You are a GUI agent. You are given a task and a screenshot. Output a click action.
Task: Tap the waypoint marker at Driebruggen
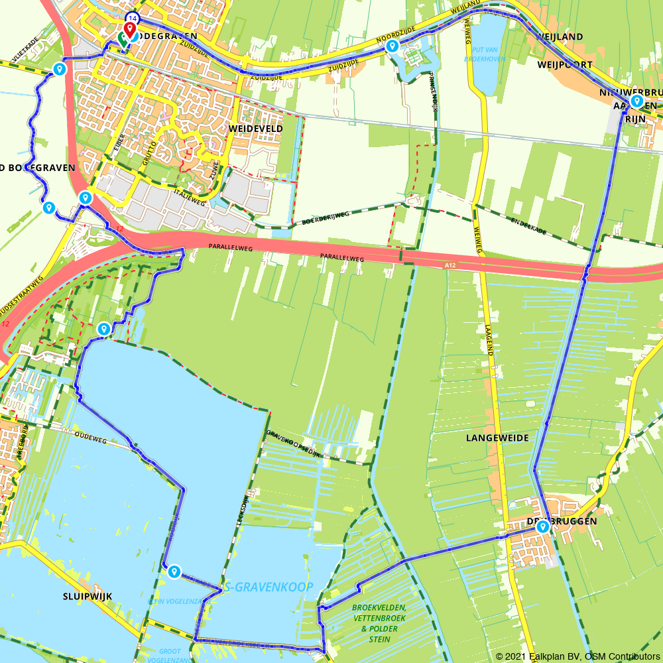coord(542,527)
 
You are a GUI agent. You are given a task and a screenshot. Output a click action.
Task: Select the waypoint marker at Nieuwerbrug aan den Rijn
coord(636,101)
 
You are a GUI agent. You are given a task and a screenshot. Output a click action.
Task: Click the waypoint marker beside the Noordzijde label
coord(392,46)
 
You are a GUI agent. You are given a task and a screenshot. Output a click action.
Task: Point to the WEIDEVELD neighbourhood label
coord(255,129)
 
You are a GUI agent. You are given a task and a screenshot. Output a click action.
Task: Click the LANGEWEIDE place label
coord(497,438)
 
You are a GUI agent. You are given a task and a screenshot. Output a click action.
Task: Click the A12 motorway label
coord(450,265)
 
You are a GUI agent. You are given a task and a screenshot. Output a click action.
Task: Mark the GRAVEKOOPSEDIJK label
coord(293,444)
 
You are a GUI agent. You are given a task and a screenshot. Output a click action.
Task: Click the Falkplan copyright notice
coord(576,656)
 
